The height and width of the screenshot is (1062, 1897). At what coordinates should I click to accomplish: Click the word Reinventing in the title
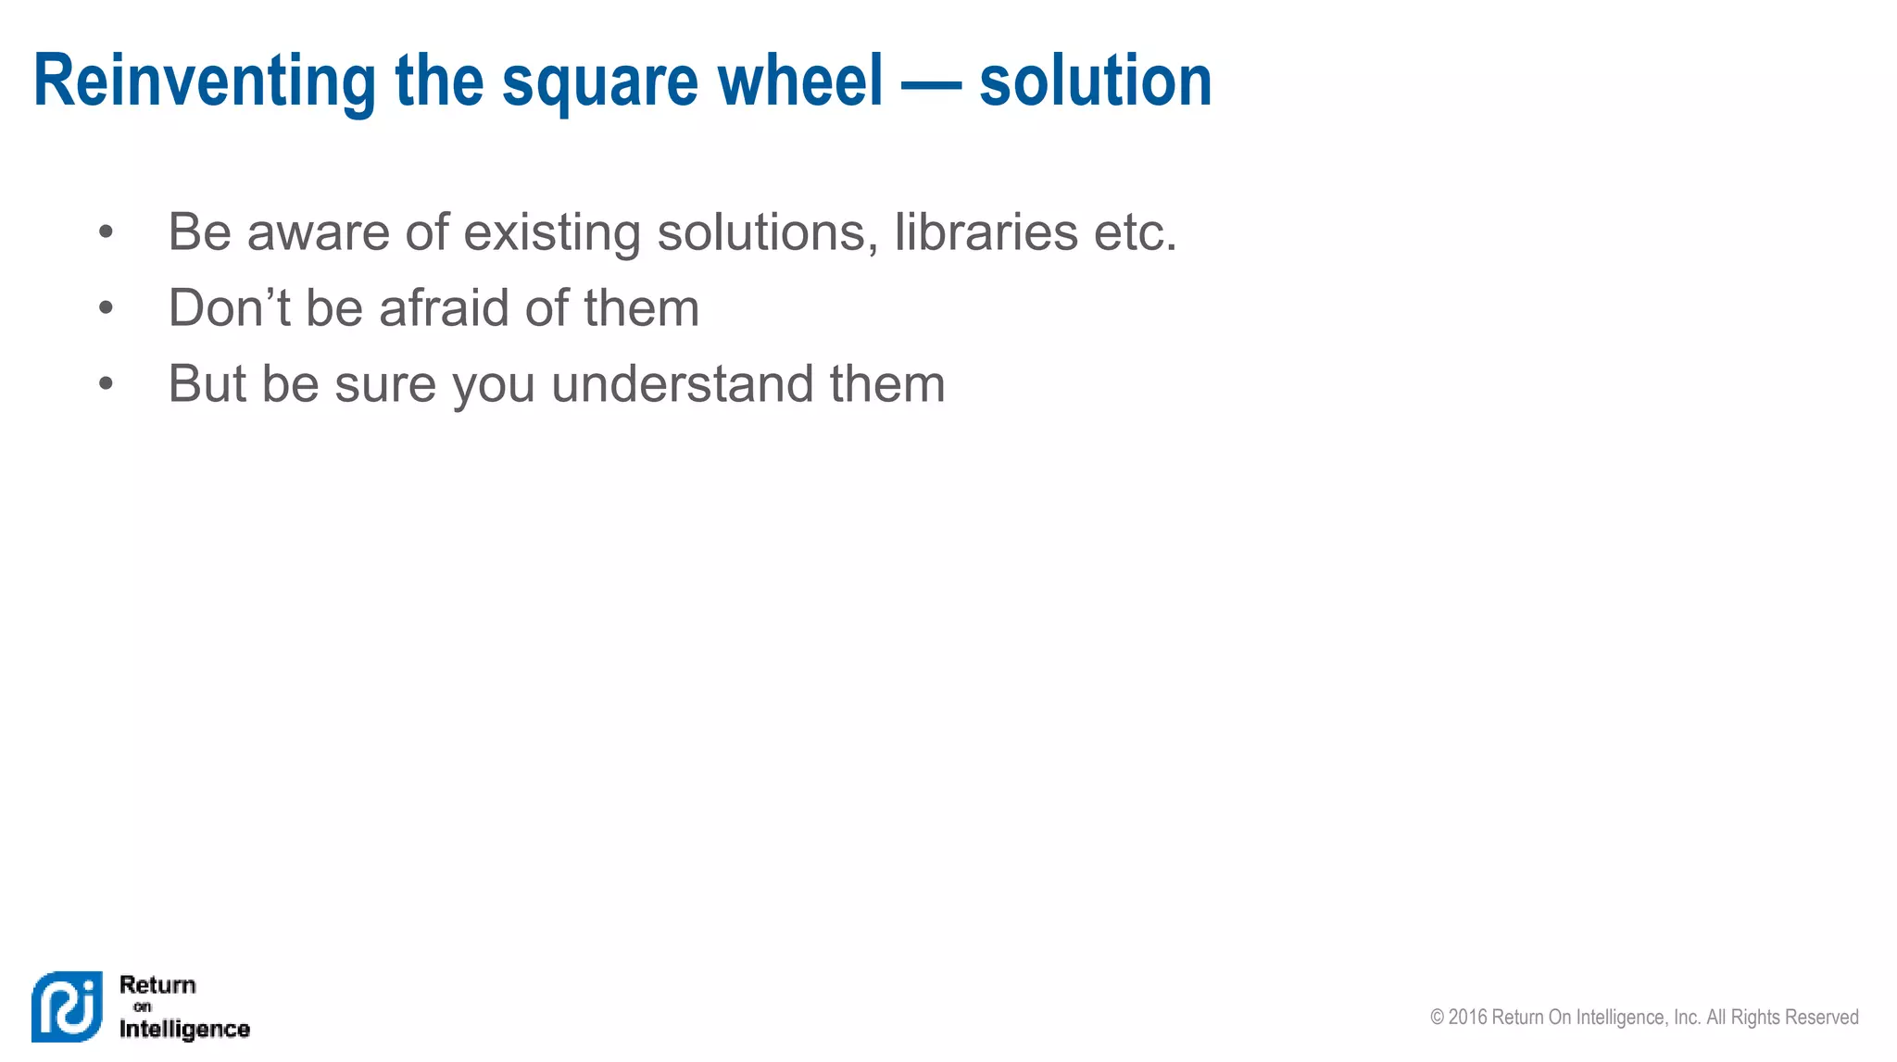click(x=204, y=81)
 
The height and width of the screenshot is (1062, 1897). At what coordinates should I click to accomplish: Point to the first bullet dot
click(x=106, y=231)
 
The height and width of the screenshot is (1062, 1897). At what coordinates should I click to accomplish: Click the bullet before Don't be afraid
click(x=106, y=307)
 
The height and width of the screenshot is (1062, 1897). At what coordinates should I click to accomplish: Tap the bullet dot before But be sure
click(x=106, y=383)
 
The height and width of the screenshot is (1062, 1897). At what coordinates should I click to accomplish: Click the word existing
click(x=551, y=232)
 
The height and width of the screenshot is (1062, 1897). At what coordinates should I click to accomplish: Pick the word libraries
click(x=986, y=231)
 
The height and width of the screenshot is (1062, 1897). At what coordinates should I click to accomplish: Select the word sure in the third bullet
click(x=385, y=385)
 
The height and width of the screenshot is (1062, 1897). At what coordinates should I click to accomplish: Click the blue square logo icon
click(x=67, y=1006)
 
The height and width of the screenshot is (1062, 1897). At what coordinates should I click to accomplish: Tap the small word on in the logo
click(x=142, y=1006)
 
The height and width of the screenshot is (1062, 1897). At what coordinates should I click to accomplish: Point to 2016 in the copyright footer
click(x=1468, y=1018)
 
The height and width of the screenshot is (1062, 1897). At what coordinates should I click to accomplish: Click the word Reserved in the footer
click(x=1822, y=1018)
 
